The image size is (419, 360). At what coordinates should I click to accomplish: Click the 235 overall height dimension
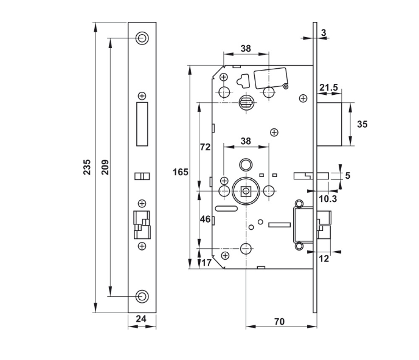pos(87,167)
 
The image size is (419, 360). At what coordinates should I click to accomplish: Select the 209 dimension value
pos(105,167)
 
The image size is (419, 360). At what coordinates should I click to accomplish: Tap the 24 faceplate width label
pos(141,319)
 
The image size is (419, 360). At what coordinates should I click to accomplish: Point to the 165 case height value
pos(181,172)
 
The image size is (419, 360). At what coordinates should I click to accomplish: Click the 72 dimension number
pos(205,147)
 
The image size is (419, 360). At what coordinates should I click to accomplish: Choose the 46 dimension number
pos(205,219)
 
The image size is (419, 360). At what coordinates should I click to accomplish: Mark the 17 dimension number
pos(206,263)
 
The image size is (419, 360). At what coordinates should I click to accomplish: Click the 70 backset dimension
pos(280,321)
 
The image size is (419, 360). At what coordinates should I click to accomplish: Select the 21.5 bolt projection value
pos(328,88)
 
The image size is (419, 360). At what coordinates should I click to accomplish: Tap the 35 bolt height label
pos(362,124)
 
